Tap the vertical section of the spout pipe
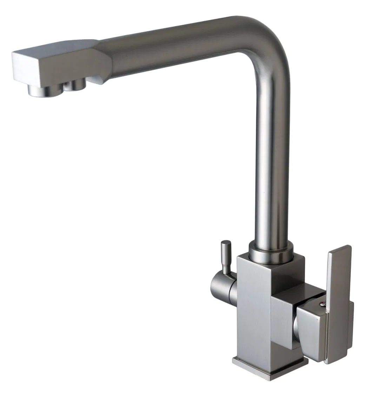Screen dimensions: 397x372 coord(272,158)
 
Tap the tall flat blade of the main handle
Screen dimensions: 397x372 coord(338,299)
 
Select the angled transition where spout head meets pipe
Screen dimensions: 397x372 coord(102,61)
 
